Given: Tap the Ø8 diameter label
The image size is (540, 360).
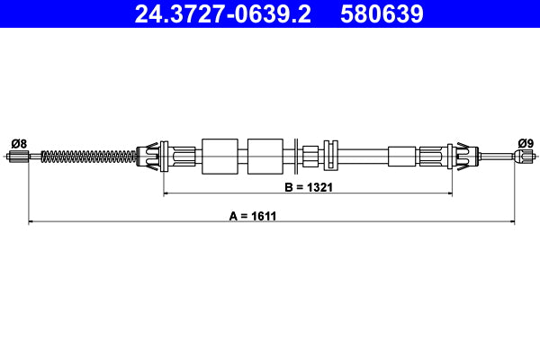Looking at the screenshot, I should pyautogui.click(x=19, y=143).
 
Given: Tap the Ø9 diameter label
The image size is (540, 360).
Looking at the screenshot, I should pyautogui.click(x=526, y=143).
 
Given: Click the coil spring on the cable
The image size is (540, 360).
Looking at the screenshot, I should pyautogui.click(x=90, y=157).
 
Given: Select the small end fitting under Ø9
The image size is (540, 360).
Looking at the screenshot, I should pyautogui.click(x=525, y=157).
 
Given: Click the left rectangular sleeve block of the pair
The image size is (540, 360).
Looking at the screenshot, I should pyautogui.click(x=220, y=157).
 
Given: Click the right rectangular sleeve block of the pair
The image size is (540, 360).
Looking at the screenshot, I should pyautogui.click(x=265, y=157).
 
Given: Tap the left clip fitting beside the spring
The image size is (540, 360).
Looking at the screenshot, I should pyautogui.click(x=153, y=157).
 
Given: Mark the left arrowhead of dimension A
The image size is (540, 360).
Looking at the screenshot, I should pyautogui.click(x=31, y=220).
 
